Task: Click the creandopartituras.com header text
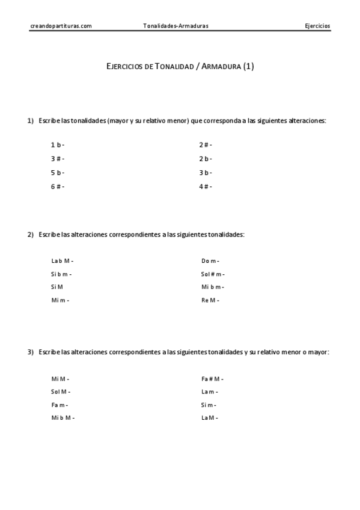[x=60, y=26]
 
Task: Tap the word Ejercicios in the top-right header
[x=317, y=26]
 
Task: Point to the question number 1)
[x=30, y=120]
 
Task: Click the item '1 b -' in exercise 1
[x=58, y=145]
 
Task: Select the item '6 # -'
[x=58, y=186]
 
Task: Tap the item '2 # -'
[x=206, y=145]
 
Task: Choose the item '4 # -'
[x=206, y=186]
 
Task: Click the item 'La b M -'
[x=63, y=261]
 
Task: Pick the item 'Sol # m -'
[x=213, y=274]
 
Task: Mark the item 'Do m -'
[x=210, y=261]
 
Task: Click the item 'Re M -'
[x=210, y=300]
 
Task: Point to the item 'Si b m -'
[x=61, y=274]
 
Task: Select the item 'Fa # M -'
[x=213, y=379]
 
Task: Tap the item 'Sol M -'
[x=61, y=392]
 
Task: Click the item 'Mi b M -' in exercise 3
[x=63, y=417]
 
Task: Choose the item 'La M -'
[x=210, y=417]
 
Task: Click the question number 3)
[x=30, y=352]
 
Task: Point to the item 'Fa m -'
[x=59, y=405]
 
